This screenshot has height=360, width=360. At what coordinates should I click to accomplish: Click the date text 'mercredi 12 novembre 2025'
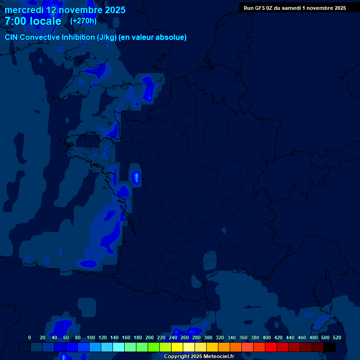coord(65,10)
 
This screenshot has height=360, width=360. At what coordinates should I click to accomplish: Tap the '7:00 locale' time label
coord(33,21)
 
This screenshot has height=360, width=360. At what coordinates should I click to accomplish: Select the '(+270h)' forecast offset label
coord(83,21)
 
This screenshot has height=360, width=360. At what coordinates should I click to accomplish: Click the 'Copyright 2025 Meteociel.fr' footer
coord(199,356)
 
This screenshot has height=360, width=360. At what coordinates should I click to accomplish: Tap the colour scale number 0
coord(30,337)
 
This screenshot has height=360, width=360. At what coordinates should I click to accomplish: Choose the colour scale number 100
coord(91,337)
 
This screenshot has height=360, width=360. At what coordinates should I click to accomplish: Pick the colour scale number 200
coord(150,337)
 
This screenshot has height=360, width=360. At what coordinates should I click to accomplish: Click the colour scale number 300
coord(208,337)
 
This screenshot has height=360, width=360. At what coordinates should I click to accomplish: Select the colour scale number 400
coord(267,337)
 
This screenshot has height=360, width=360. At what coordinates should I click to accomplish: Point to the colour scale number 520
coord(337,337)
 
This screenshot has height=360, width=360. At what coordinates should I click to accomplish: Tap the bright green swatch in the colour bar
coord(154,347)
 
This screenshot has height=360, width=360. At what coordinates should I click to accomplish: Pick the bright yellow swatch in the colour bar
coord(177,347)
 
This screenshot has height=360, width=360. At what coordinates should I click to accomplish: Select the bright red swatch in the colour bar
coord(271,347)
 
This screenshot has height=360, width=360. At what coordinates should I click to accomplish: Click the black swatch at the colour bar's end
coord(330,347)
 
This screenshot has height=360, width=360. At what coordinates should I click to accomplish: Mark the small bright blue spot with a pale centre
coord(136,177)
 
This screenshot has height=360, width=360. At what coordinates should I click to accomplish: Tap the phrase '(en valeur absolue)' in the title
coord(154,37)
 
